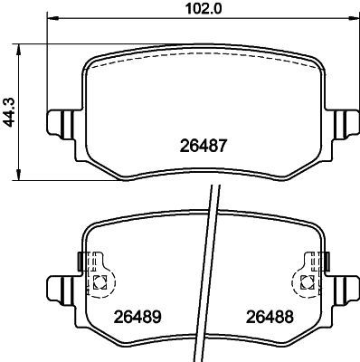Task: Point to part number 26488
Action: (x=263, y=317)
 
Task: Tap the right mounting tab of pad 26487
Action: (x=345, y=121)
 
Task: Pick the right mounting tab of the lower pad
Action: (x=345, y=290)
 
